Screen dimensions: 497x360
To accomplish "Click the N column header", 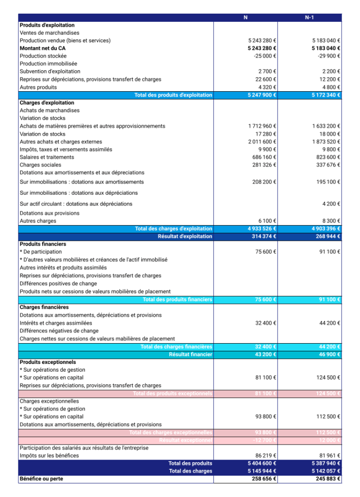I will [x=245, y=17].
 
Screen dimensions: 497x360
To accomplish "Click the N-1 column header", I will [x=310, y=17].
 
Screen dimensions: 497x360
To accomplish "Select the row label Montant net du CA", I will [x=43, y=49].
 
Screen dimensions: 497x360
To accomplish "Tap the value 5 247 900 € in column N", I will [x=262, y=95].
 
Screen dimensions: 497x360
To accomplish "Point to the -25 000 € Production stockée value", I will [x=264, y=56].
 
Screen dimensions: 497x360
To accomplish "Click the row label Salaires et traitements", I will [x=47, y=157].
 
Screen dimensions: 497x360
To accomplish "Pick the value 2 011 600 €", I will [x=262, y=142].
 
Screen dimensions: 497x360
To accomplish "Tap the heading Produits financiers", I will [x=43, y=244].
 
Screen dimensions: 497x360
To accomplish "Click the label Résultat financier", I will [x=191, y=355].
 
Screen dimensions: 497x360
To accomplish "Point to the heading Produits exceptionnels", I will [x=48, y=362].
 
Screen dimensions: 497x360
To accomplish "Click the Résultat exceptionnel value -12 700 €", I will [x=265, y=440].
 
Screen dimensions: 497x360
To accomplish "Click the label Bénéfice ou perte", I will [x=41, y=479].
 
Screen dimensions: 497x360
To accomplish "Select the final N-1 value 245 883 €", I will [x=326, y=479].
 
